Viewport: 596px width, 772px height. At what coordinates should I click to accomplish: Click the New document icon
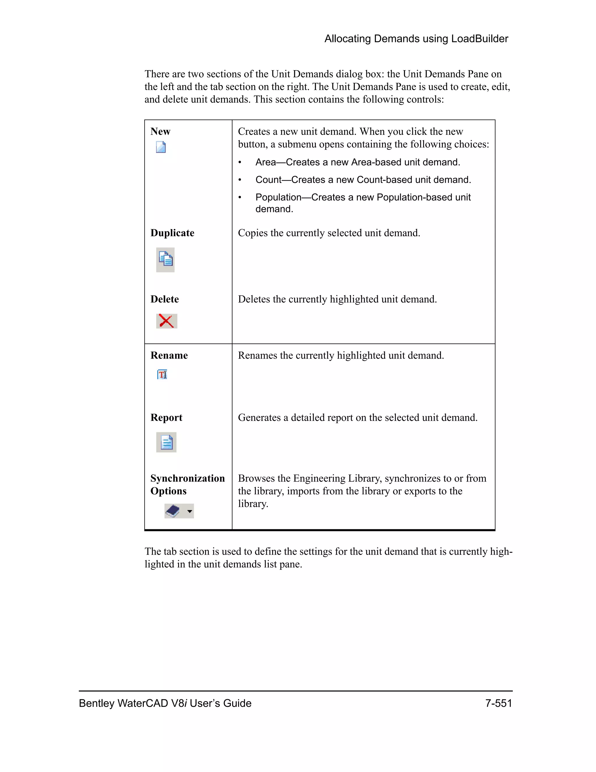point(161,147)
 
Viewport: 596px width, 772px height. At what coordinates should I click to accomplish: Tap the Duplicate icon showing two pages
point(165,260)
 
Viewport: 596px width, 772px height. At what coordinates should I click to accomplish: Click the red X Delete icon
point(166,321)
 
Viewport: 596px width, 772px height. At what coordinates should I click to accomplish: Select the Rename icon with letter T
point(162,374)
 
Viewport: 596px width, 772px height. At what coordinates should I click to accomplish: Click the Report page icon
point(166,442)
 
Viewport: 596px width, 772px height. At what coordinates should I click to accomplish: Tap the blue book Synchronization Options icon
point(173,511)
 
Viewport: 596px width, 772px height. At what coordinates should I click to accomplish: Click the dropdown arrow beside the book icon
point(190,511)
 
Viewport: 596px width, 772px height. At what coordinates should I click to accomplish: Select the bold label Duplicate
point(172,233)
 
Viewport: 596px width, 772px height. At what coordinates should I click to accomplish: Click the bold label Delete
point(164,299)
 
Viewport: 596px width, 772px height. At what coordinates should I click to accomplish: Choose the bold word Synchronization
point(187,478)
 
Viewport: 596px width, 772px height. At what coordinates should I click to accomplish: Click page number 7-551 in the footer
point(498,703)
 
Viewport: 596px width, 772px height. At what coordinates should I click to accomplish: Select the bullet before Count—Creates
point(240,180)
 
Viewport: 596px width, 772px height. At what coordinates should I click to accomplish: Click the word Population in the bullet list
point(278,197)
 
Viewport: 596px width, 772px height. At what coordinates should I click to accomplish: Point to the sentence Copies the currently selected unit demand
point(329,233)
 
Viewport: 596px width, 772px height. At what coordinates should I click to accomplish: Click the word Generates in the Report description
point(259,418)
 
